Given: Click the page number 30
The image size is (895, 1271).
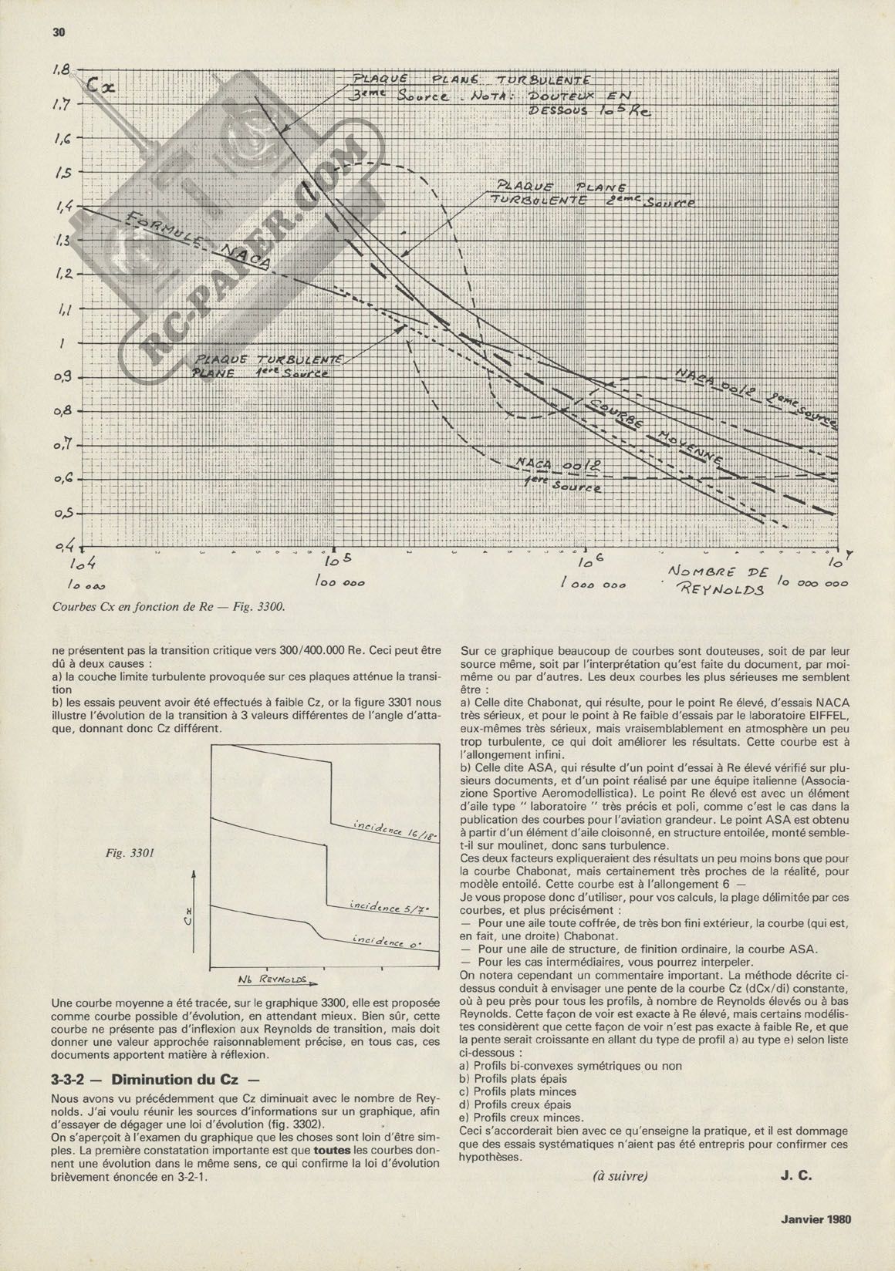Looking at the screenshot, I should [x=59, y=32].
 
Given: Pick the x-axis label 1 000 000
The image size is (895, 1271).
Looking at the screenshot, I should [x=593, y=585].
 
